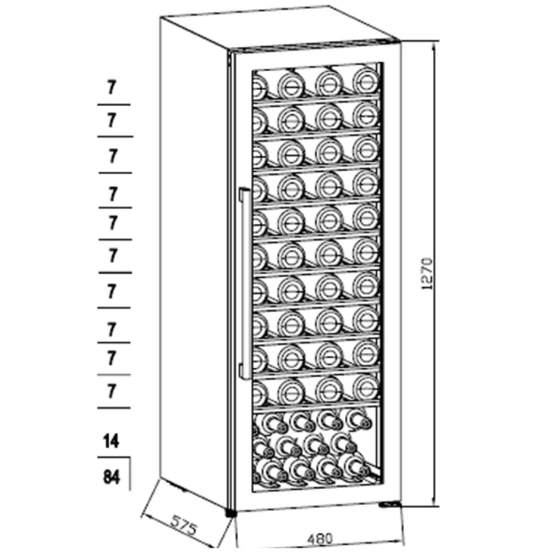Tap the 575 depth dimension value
[183, 525]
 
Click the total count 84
[112, 476]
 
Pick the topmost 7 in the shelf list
[112, 87]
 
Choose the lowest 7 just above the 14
[112, 391]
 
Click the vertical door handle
[242, 282]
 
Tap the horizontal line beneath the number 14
[114, 458]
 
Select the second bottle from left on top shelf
[290, 84]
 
